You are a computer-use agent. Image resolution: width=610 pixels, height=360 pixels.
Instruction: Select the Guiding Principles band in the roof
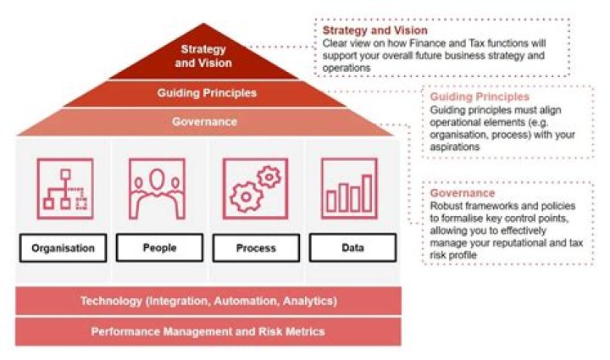click(205, 93)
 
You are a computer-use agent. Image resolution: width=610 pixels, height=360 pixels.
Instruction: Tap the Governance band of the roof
click(205, 122)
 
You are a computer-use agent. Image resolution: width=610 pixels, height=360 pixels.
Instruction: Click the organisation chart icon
click(65, 189)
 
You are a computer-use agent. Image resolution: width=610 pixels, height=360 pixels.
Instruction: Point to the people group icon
click(157, 189)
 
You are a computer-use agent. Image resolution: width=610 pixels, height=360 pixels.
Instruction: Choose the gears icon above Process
click(255, 189)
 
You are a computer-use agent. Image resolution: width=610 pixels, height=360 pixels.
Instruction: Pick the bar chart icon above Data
click(349, 189)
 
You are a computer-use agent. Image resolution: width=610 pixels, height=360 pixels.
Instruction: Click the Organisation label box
click(63, 247)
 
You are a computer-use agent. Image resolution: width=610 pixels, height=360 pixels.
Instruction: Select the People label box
click(159, 247)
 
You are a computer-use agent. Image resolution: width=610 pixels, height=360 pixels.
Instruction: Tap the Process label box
click(256, 247)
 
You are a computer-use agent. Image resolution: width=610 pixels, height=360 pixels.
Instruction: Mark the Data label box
click(352, 247)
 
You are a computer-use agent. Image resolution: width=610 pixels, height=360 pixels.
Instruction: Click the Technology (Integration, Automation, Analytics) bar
click(208, 301)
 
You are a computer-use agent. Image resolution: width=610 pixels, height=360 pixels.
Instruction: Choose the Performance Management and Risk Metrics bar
click(208, 331)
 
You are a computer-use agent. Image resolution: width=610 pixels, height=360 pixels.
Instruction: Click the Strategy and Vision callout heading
click(375, 30)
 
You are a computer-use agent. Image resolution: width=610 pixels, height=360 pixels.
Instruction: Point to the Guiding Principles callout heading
click(480, 97)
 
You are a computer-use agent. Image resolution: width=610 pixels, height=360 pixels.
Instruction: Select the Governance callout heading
click(463, 193)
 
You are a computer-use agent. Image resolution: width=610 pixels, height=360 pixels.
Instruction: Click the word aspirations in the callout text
click(455, 147)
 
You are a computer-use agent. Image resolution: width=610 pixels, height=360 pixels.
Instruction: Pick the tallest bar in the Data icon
click(367, 193)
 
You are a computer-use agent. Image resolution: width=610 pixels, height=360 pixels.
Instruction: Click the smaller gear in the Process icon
click(269, 177)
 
